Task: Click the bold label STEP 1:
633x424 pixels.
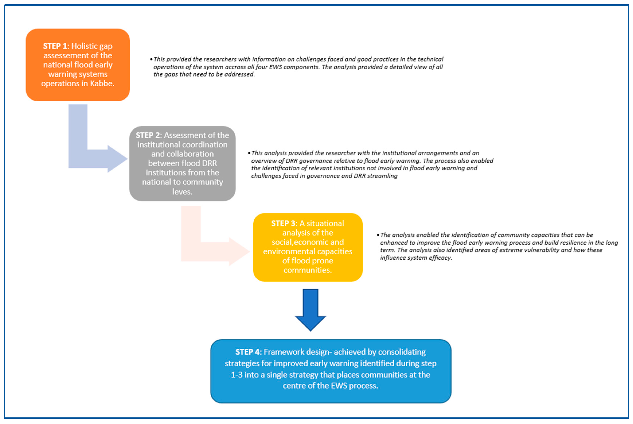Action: (x=56, y=46)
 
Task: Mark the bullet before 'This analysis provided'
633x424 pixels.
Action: (x=249, y=153)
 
